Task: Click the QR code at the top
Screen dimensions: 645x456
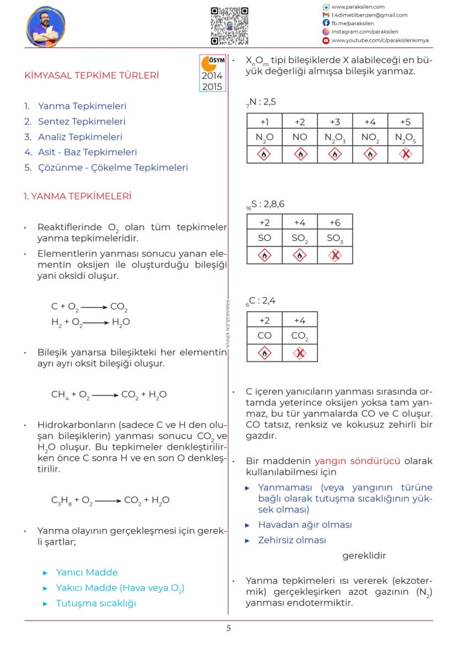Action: tap(229, 26)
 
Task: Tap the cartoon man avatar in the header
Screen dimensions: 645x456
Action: tap(46, 26)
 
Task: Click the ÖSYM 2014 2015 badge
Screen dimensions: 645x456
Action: tap(213, 73)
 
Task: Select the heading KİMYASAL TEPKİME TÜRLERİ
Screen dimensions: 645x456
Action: tap(92, 75)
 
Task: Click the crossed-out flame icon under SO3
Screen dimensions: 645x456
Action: tap(335, 255)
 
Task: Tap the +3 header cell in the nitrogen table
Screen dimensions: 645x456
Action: tap(335, 122)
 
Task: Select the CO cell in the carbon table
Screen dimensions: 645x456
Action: tap(264, 335)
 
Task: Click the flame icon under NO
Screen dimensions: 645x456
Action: tap(300, 155)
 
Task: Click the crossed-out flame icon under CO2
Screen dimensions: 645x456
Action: tap(300, 353)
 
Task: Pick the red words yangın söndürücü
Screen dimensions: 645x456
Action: tap(357, 461)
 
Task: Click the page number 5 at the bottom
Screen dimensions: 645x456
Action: tap(229, 628)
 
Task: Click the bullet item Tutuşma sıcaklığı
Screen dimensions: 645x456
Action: tap(95, 603)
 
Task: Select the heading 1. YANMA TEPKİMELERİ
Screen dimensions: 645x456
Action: tap(77, 196)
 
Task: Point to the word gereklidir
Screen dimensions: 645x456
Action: tap(364, 556)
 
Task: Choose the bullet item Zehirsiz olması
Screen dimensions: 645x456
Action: tap(292, 540)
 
